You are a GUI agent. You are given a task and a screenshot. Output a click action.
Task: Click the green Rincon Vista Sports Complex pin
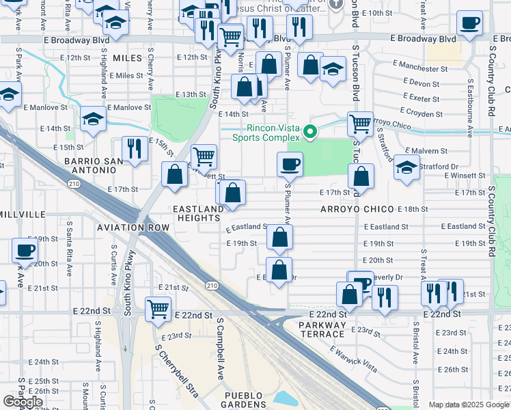click(309, 131)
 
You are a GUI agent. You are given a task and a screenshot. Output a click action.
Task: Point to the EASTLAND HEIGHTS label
click(198, 213)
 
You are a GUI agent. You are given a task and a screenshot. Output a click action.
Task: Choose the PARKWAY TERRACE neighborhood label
click(322, 329)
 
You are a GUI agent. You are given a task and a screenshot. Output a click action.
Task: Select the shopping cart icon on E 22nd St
click(158, 307)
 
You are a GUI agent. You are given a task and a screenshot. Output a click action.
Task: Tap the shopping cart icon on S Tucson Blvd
click(360, 124)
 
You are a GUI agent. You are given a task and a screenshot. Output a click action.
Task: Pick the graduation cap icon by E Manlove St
click(93, 119)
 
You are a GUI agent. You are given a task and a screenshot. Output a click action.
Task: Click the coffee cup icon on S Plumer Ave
click(290, 163)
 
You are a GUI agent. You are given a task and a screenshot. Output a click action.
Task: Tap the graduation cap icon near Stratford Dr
click(406, 167)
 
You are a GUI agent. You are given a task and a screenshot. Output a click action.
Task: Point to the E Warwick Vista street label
click(353, 359)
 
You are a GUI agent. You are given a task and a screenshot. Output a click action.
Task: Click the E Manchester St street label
click(420, 69)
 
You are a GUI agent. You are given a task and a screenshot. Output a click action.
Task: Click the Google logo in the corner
click(23, 402)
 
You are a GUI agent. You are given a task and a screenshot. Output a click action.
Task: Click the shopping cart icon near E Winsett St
click(204, 156)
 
